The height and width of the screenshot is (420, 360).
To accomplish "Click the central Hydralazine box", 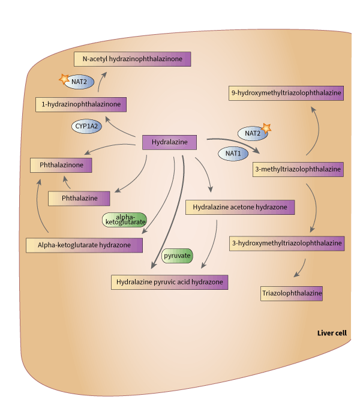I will pos(170,142).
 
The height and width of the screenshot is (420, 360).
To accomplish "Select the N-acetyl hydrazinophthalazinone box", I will pos(133,59).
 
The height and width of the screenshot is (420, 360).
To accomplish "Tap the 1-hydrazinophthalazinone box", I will pos(81,104).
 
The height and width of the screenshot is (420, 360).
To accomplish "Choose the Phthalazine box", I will pos(79,197).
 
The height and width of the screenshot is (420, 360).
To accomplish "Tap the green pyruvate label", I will pos(178,256).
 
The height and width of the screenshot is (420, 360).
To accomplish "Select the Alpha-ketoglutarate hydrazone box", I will pos(85,245).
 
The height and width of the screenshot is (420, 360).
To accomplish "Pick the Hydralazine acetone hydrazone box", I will pos(240,208).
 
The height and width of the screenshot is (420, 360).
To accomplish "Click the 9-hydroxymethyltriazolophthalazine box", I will pos(287,93).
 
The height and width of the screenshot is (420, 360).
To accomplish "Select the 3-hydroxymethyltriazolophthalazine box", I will pos(287,243).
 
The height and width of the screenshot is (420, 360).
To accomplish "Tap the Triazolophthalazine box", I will pos(292,294).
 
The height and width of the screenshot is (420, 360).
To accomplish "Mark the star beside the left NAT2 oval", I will pos(63,79).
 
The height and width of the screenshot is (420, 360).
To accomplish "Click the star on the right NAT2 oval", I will pos(266,128).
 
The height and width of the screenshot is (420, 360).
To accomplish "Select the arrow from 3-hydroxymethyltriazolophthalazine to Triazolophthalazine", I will pos(299,268).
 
